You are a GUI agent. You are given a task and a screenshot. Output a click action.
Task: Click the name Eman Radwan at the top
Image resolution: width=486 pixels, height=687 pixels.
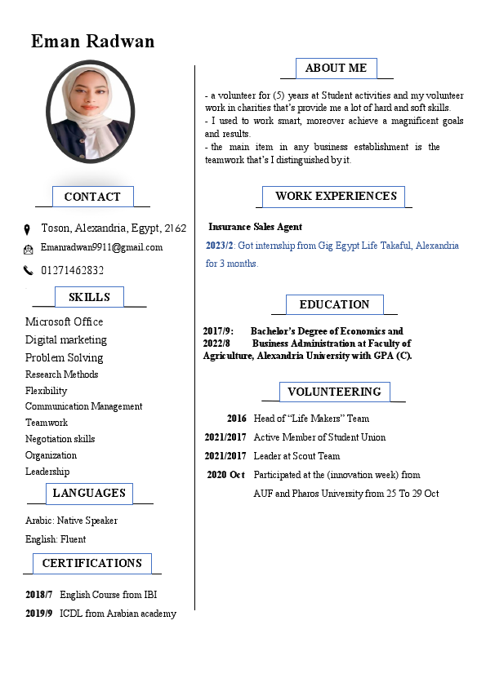click(92, 41)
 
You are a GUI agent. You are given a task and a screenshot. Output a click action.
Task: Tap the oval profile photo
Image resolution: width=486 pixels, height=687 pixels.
click(89, 110)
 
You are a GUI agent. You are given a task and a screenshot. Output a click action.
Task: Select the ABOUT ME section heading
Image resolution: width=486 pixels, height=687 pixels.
click(336, 69)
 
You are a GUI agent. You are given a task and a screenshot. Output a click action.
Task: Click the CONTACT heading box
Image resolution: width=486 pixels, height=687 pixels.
click(92, 197)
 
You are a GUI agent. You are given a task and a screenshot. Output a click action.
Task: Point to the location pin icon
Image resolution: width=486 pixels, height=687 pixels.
click(27, 229)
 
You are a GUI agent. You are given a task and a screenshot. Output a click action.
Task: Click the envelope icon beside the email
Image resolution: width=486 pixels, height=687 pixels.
click(28, 248)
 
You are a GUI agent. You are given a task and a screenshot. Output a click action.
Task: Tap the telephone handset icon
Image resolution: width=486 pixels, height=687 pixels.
click(28, 270)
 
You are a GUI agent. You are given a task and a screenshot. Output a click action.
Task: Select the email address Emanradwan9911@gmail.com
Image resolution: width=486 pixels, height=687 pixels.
click(101, 247)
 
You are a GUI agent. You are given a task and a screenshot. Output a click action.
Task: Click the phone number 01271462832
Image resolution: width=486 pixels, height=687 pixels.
click(72, 270)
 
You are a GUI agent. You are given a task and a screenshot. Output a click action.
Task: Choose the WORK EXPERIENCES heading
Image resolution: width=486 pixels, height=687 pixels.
click(336, 196)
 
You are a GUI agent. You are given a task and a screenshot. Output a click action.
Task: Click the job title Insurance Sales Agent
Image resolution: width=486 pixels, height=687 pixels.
click(255, 227)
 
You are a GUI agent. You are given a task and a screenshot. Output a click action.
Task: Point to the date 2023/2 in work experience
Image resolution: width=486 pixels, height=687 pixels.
click(219, 245)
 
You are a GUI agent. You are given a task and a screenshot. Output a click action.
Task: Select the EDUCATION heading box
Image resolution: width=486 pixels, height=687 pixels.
click(334, 304)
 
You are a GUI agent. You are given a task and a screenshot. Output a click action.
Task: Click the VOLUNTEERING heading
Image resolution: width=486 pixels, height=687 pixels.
click(334, 392)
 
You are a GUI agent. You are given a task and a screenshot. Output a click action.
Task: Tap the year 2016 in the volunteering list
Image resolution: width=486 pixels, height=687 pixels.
click(236, 419)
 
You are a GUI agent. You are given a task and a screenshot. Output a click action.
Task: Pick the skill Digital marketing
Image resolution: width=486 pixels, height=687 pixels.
click(66, 339)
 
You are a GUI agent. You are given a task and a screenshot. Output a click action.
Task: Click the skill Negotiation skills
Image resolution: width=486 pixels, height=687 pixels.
click(60, 439)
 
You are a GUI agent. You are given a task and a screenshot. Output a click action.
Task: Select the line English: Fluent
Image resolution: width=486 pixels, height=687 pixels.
click(56, 539)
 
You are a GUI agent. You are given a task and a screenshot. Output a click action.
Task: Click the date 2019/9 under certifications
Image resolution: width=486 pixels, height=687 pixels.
click(39, 614)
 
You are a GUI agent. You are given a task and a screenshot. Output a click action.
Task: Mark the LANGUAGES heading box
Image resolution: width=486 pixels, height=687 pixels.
click(89, 493)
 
